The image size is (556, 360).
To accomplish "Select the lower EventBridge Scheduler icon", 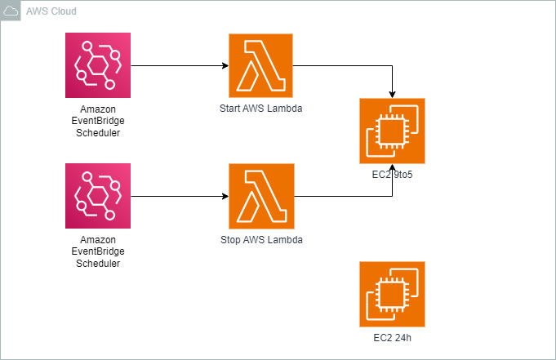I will coord(98,196).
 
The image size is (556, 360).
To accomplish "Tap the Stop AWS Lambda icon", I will coord(261,196).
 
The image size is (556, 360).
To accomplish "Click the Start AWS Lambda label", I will coord(261,108).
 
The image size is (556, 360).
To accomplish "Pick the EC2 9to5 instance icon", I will coord(392,131).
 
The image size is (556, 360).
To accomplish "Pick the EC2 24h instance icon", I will coord(392,294).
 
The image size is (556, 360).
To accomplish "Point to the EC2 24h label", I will coord(392,337).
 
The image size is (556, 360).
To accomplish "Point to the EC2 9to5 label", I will coord(392,174).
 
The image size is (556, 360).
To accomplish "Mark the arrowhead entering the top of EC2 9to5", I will coord(393,94).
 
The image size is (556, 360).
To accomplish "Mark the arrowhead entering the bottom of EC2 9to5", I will coord(393,169).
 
